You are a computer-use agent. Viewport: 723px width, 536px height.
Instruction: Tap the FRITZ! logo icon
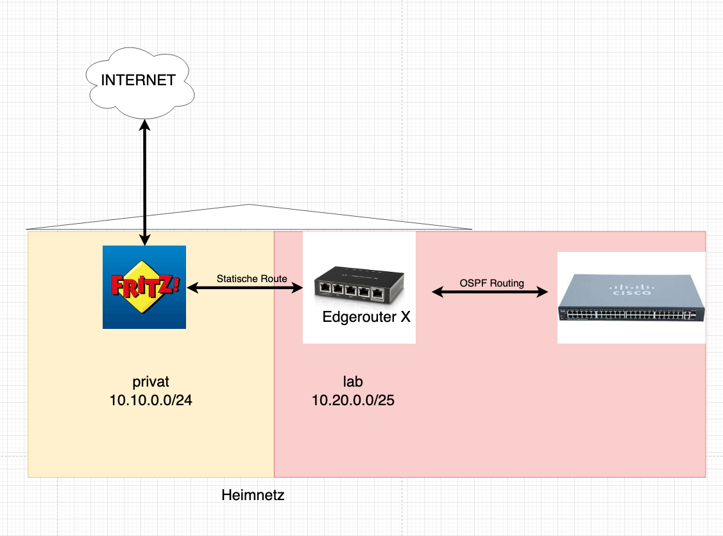(144, 287)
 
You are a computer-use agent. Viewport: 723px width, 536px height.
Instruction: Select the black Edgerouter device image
(359, 284)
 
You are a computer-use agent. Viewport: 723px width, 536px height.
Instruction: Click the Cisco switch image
(631, 297)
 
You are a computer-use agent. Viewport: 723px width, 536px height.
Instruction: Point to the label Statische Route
(251, 279)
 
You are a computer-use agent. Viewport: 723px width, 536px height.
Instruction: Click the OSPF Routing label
(491, 283)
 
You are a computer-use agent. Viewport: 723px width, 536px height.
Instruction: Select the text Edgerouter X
(366, 317)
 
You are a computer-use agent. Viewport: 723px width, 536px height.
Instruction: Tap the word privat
(151, 382)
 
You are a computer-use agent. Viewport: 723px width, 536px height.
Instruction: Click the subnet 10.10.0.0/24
(151, 401)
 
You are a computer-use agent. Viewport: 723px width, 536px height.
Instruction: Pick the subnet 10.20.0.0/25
(353, 401)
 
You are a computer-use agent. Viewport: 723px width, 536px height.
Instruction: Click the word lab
(353, 382)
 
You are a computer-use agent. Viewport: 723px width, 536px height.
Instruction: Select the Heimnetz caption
(252, 495)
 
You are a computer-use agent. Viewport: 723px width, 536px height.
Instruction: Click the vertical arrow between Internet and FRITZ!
(145, 186)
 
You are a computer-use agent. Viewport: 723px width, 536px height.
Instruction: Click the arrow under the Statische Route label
(244, 289)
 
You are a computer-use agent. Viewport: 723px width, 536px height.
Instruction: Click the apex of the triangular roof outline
(249, 205)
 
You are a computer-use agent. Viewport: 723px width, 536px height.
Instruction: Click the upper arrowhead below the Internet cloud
(145, 126)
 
